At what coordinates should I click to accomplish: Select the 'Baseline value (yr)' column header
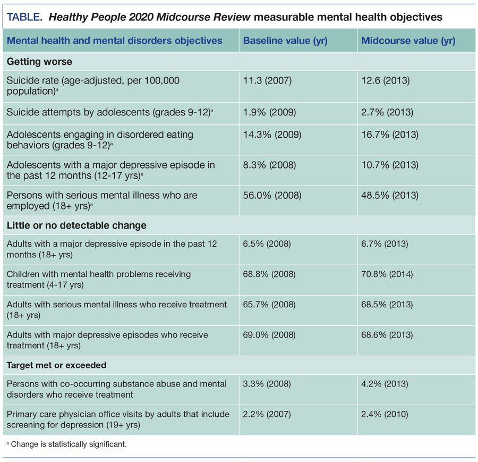coord(285,41)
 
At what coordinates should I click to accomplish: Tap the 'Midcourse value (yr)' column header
coord(408,41)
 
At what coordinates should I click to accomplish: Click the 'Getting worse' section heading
coord(39,61)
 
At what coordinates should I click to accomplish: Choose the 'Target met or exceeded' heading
coord(57,365)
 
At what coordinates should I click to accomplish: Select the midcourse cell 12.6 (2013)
coord(387,81)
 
